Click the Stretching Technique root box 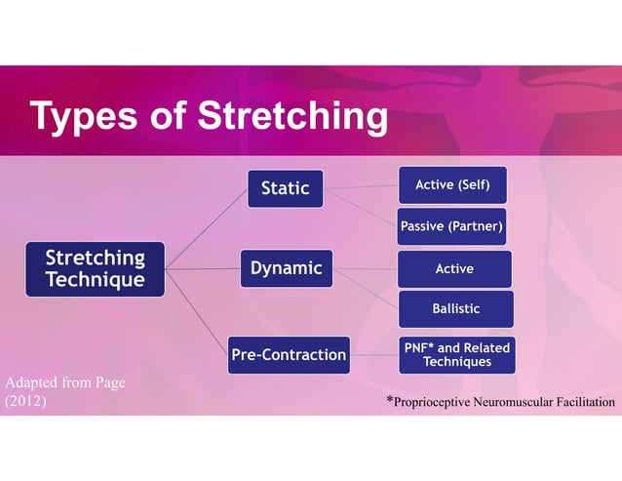click(x=96, y=269)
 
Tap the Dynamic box click(x=287, y=269)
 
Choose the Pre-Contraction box click(x=289, y=354)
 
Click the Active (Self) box click(x=452, y=185)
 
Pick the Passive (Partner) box click(x=452, y=227)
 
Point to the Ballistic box click(x=455, y=309)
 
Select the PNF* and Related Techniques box click(x=456, y=354)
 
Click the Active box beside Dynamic click(x=454, y=269)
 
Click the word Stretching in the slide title click(x=292, y=117)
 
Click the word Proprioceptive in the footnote click(x=434, y=402)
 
